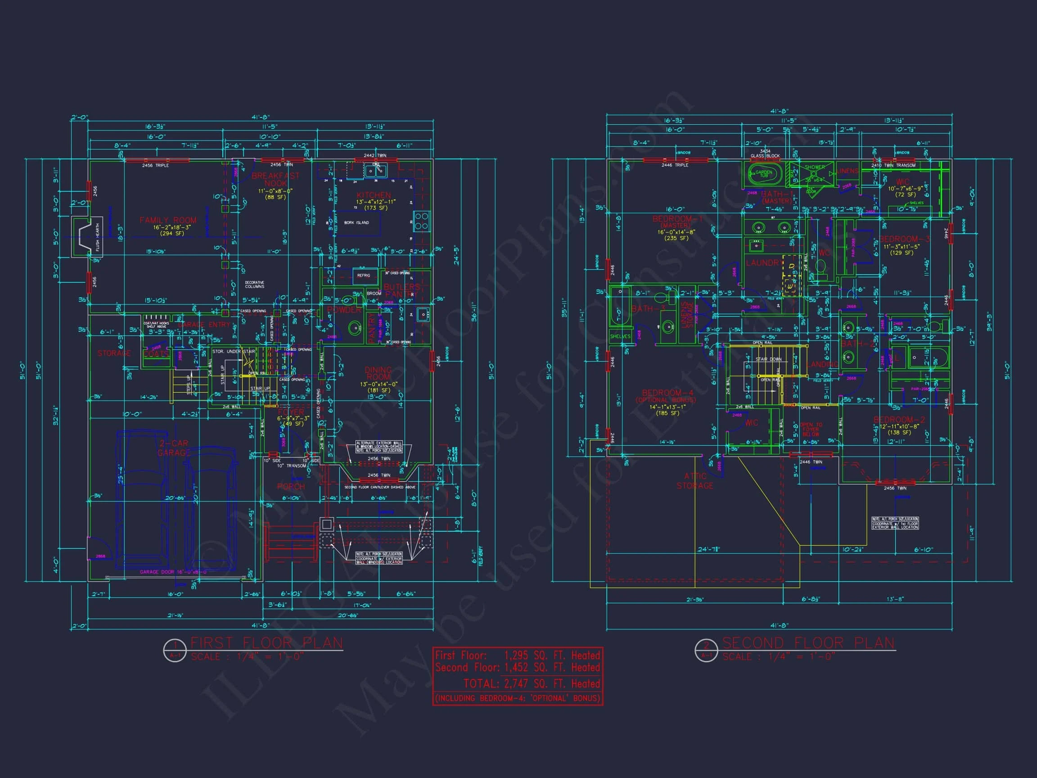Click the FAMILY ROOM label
[168, 220]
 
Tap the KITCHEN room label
[373, 195]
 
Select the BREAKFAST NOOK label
[275, 179]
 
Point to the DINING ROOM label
[378, 373]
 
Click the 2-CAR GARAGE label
[173, 448]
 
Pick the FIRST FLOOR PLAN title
[267, 642]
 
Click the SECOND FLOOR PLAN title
[808, 642]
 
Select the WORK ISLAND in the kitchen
[356, 223]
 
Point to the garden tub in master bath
[763, 174]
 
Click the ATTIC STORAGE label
[695, 481]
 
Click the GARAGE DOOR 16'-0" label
[173, 572]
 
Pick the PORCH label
[291, 487]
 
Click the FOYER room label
[291, 412]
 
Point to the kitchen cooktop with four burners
[421, 221]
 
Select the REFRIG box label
[363, 276]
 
